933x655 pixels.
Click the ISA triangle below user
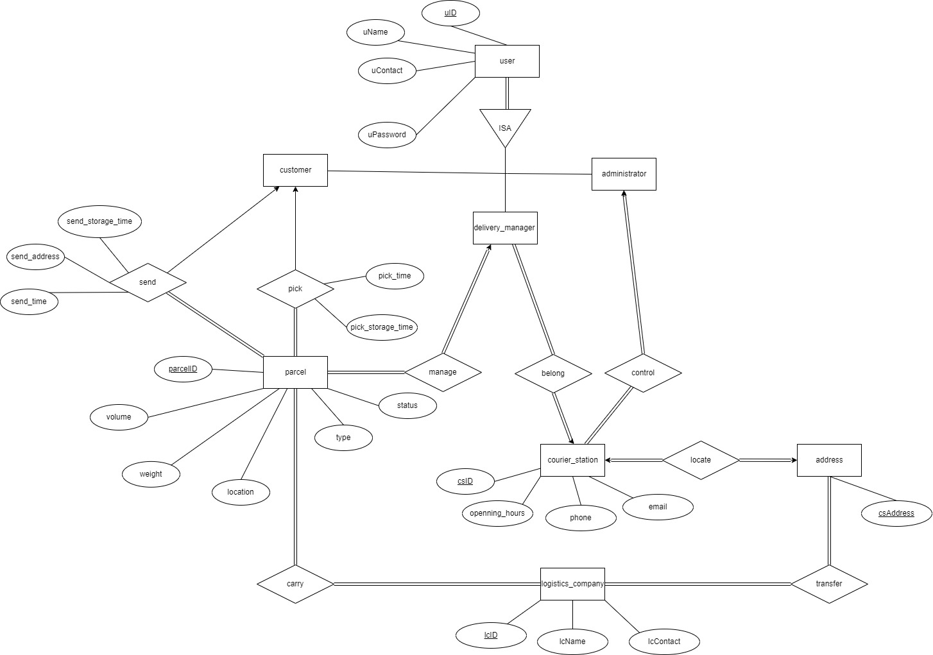(505, 126)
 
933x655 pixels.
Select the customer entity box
(295, 170)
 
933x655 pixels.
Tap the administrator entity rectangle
(624, 174)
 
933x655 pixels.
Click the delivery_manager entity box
(505, 228)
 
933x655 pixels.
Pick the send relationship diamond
(148, 282)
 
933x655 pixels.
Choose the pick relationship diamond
(295, 289)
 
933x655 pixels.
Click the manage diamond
(443, 372)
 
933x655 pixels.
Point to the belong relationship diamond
(553, 373)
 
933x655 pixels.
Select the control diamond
(643, 373)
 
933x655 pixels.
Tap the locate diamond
(701, 460)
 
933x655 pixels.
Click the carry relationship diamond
(295, 584)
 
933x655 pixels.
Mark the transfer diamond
(829, 584)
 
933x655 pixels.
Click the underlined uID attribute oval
(450, 13)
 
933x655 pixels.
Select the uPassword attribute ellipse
(387, 135)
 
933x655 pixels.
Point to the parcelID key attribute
(183, 369)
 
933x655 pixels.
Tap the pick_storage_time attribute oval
(382, 327)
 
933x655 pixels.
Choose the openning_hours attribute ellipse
(497, 513)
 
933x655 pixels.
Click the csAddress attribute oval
(896, 513)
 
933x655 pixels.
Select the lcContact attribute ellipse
(664, 641)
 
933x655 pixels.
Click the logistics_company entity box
(572, 584)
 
